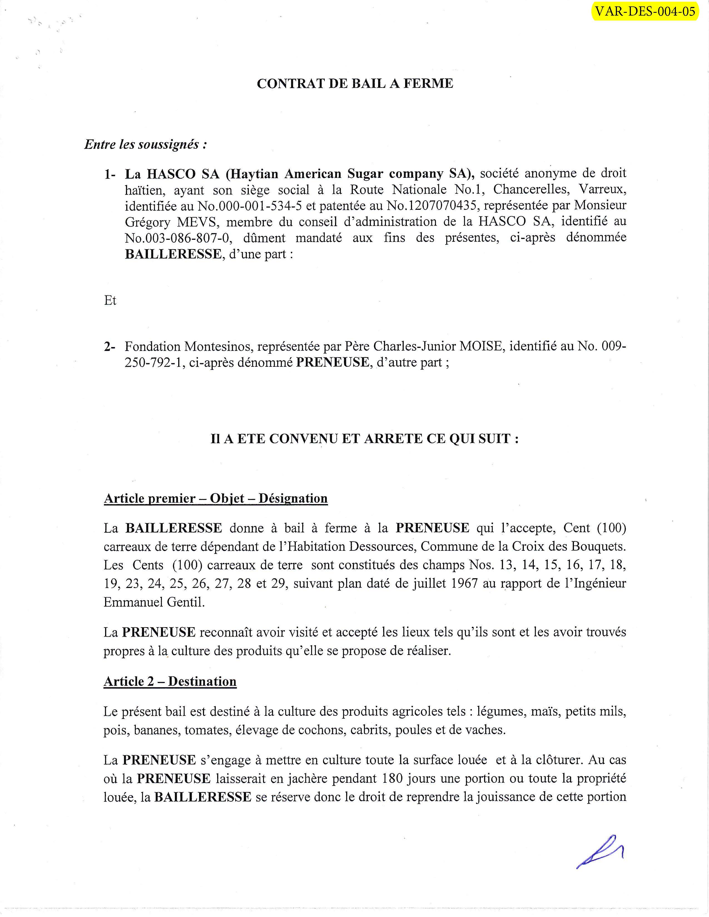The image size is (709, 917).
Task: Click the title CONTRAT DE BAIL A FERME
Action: [x=355, y=84]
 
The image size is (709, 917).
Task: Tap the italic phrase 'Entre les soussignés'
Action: [x=145, y=144]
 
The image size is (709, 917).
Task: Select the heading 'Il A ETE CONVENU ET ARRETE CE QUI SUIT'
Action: [x=364, y=439]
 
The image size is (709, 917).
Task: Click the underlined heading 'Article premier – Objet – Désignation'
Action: [x=215, y=499]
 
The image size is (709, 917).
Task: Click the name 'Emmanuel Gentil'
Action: [x=154, y=602]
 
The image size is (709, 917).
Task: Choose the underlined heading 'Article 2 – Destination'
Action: [x=170, y=681]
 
